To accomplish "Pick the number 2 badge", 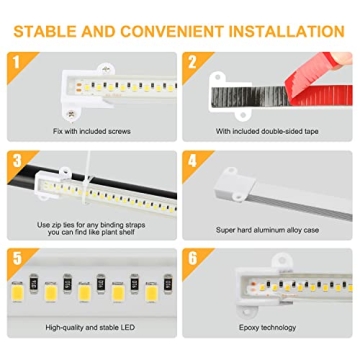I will click(x=193, y=63).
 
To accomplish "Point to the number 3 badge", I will click(x=17, y=161).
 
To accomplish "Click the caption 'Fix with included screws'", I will click(x=93, y=131).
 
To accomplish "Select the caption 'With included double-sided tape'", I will click(x=267, y=131).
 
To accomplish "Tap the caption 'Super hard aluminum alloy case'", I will click(x=267, y=230).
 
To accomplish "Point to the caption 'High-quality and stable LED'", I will click(x=93, y=328).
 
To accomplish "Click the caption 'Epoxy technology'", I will click(x=267, y=328).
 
